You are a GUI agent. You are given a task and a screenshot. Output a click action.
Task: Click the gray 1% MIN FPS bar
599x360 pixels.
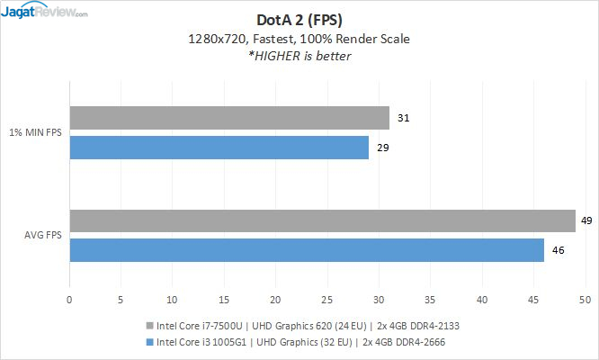coord(229,118)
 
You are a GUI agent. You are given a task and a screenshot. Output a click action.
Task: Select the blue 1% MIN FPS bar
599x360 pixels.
coord(219,148)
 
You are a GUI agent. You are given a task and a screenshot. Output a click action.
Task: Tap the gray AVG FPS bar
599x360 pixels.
coord(322,221)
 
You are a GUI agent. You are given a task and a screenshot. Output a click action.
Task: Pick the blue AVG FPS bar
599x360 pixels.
coord(307,250)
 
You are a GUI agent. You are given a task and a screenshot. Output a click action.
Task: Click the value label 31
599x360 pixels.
coord(403,118)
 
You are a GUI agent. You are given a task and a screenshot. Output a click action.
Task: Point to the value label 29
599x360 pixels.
coord(382,148)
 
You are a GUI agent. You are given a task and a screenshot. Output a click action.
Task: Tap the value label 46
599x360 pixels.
coord(558,250)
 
